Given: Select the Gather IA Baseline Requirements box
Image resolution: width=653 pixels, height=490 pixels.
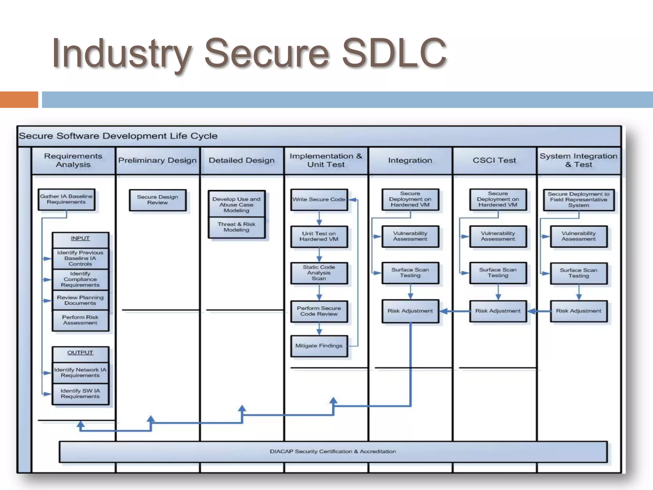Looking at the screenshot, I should tap(66, 199).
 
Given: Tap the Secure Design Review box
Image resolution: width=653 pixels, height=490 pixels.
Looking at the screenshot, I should tap(158, 200).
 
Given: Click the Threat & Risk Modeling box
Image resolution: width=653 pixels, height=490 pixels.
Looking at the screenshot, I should tap(236, 227).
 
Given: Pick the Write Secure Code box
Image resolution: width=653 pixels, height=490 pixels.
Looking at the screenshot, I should tap(319, 200).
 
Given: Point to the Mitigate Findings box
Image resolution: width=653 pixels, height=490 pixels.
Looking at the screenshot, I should tap(319, 346).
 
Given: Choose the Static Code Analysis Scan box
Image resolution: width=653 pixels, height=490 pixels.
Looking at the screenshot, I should tap(319, 273).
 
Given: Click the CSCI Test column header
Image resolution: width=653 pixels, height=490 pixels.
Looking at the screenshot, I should tap(494, 160).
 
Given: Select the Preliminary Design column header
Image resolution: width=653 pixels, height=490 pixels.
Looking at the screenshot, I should tap(158, 160).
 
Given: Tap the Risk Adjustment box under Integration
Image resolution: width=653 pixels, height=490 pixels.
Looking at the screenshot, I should tap(410, 311).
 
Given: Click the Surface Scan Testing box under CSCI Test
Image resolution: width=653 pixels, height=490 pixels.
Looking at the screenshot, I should tap(498, 273).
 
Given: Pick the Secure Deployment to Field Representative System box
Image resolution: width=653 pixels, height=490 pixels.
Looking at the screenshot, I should tap(578, 200).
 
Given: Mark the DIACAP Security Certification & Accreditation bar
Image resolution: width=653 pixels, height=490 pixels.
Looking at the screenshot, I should tap(333, 452).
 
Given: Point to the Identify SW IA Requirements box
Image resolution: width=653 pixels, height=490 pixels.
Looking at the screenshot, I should tap(80, 394).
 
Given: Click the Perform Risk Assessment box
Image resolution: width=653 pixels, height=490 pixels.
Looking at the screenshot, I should tap(80, 320).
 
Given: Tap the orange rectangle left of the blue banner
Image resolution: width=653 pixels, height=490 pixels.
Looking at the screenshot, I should tap(19, 100).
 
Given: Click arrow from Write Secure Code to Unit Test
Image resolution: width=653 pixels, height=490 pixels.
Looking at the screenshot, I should tap(319, 219).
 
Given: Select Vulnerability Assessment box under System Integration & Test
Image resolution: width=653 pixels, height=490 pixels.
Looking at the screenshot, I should tap(578, 236).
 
